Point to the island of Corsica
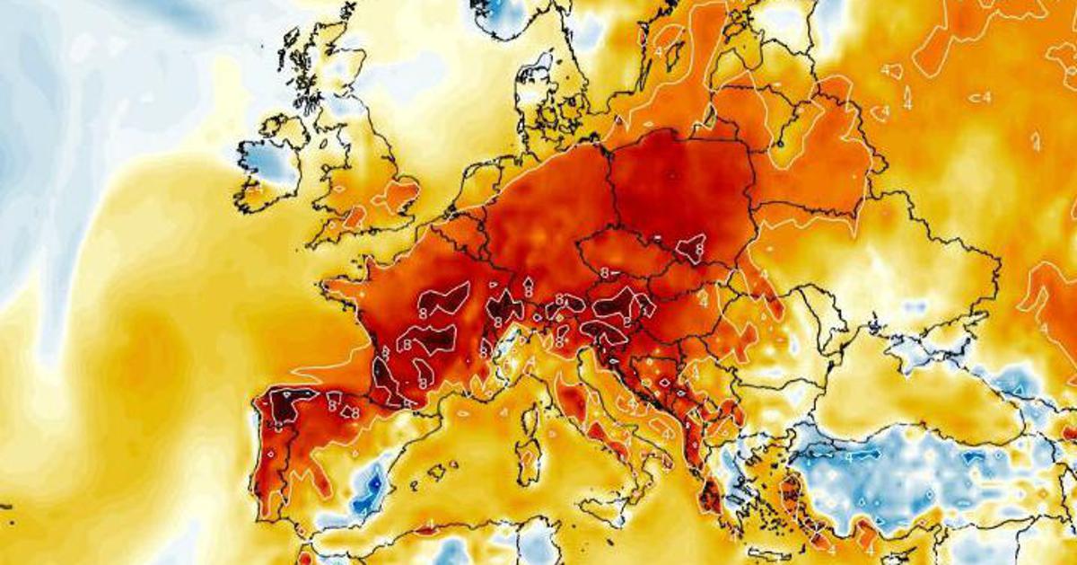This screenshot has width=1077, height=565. click(x=535, y=412)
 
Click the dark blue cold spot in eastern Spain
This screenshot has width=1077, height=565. click(x=367, y=494)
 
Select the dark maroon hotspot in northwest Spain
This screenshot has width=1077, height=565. click(x=286, y=406)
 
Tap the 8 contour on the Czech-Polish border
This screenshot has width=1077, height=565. click(x=691, y=247)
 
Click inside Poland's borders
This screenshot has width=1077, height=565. click(x=682, y=189)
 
